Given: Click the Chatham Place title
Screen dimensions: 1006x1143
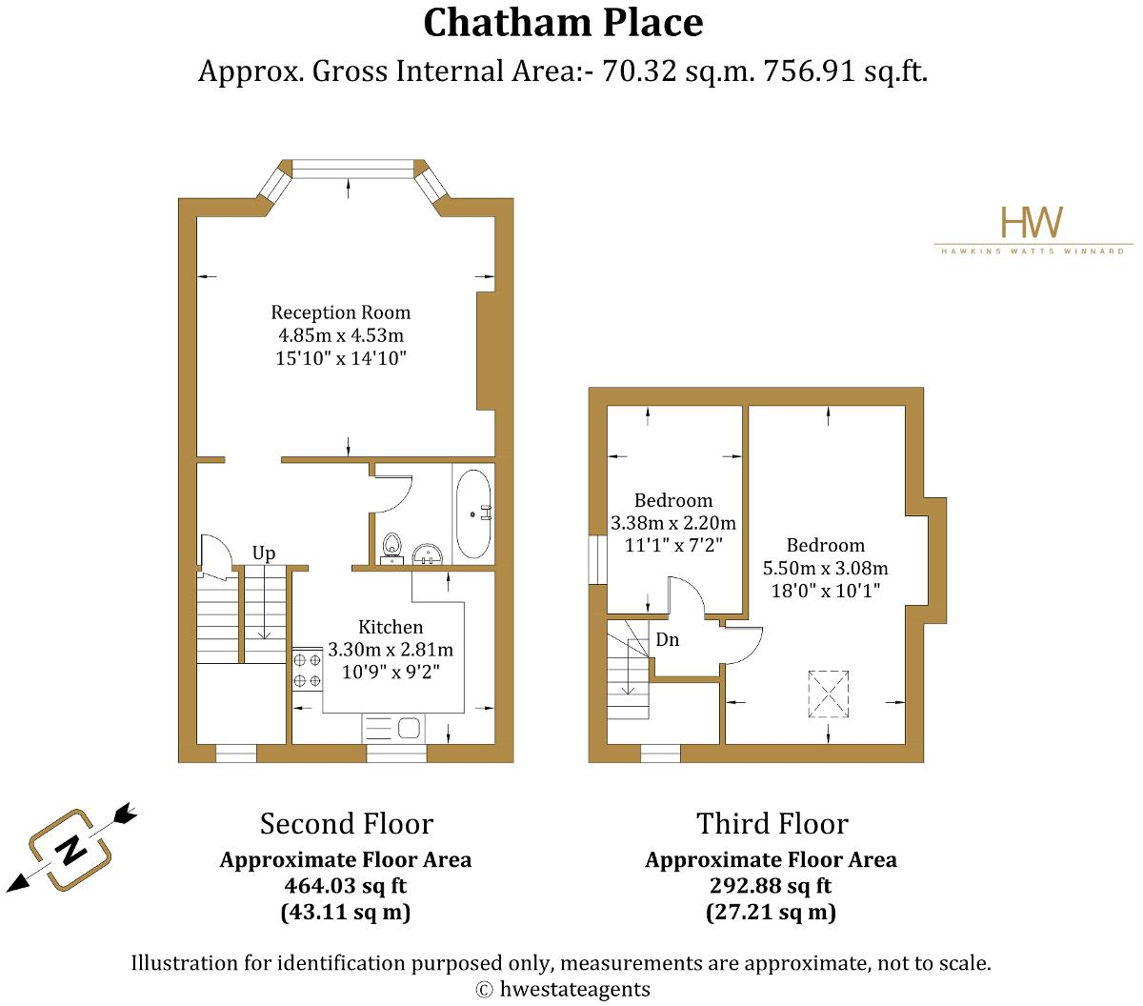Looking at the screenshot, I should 563,23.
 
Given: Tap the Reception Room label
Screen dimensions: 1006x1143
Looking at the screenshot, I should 341,312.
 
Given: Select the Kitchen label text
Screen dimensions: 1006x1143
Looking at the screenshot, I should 391,627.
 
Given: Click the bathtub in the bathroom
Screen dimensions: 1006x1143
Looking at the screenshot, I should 473,513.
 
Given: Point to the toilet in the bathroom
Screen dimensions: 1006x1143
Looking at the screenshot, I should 391,547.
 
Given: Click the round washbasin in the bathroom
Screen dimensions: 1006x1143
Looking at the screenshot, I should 427,553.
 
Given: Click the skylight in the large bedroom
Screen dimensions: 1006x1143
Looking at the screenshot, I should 828,694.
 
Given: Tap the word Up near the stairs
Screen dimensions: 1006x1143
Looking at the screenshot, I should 264,553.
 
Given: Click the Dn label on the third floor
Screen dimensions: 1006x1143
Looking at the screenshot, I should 668,639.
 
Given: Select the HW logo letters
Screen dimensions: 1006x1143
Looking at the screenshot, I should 1032,223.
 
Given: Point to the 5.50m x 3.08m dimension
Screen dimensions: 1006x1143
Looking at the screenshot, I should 826,568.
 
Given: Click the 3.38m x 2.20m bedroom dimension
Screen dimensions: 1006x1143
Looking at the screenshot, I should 673,523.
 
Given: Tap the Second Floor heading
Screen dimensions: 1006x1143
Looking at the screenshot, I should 346,824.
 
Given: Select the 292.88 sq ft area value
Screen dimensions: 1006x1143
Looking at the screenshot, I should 771,885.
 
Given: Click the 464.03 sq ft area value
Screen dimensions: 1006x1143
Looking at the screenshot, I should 346,885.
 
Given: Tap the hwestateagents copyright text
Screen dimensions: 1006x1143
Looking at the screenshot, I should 563,989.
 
